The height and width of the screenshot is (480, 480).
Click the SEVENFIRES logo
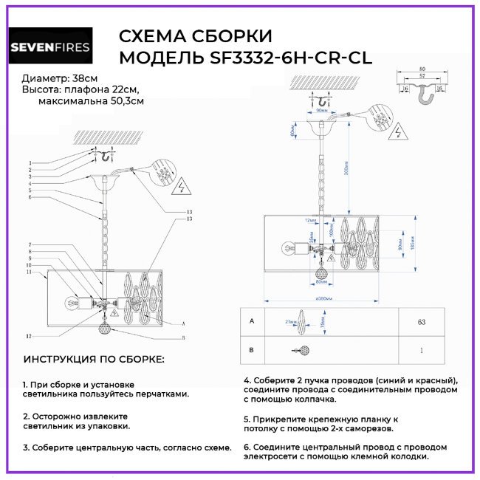coord(50,47)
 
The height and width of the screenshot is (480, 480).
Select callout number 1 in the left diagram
coord(30,162)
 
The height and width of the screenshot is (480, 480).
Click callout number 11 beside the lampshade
coord(30,272)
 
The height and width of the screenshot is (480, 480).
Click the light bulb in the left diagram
coord(72,301)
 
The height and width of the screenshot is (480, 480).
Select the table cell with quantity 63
coord(422,323)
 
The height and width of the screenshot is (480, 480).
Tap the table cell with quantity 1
coord(422,351)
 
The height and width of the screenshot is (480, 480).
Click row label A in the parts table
coord(253,322)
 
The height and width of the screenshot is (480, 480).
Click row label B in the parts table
coord(253,351)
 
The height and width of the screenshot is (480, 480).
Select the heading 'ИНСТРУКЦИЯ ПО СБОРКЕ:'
coord(94,359)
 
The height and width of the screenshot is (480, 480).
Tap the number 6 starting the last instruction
coord(247,447)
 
